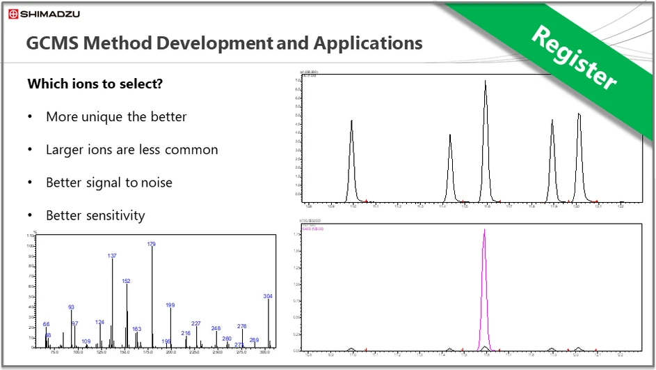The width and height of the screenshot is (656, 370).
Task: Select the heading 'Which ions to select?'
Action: pyautogui.click(x=95, y=84)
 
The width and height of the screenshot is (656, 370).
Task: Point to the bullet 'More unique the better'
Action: pyautogui.click(x=116, y=116)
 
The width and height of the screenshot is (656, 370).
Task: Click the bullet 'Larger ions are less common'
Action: pyautogui.click(x=131, y=149)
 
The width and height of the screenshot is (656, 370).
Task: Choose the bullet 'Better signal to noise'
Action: pyautogui.click(x=109, y=182)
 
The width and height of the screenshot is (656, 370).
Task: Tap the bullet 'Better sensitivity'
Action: pyautogui.click(x=95, y=215)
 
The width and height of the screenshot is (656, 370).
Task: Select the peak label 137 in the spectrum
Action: pyautogui.click(x=112, y=256)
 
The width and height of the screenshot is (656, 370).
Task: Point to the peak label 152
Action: pyautogui.click(x=126, y=281)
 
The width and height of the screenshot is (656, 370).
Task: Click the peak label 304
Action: pyautogui.click(x=268, y=296)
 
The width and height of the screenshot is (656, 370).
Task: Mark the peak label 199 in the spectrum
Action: pyautogui.click(x=170, y=305)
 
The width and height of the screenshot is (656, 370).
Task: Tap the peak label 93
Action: pyautogui.click(x=71, y=307)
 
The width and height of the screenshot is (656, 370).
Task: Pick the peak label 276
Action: pyautogui.click(x=242, y=326)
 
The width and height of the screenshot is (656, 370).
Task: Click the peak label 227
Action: pyautogui.click(x=196, y=323)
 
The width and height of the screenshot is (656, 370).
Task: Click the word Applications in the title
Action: pyautogui.click(x=368, y=43)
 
